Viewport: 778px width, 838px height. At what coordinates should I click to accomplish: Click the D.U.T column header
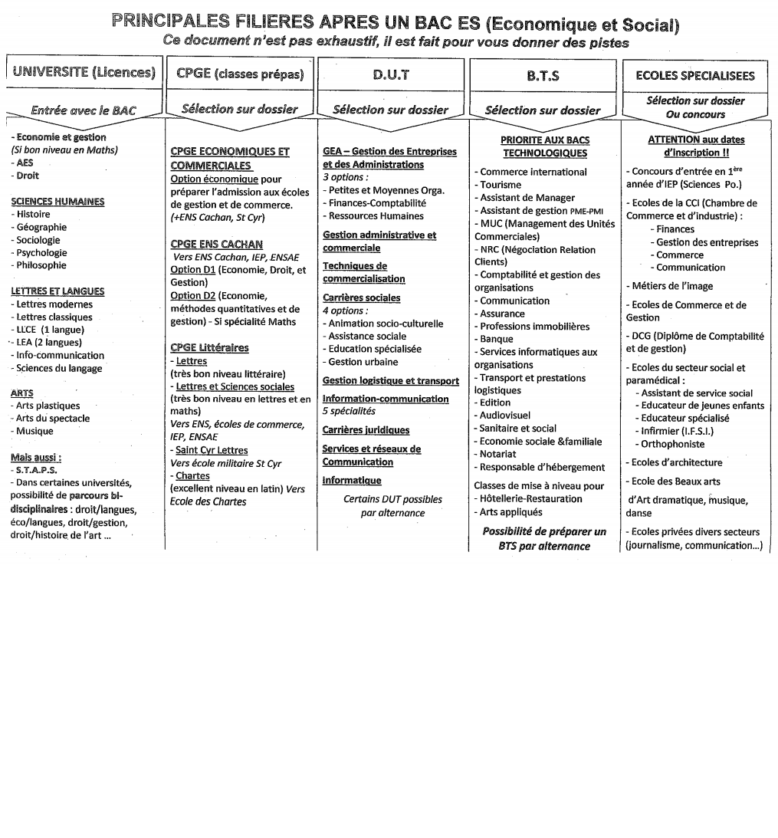click(x=391, y=75)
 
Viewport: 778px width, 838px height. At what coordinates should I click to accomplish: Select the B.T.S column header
click(x=543, y=76)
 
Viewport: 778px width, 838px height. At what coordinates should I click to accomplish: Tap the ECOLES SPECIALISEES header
click(x=695, y=75)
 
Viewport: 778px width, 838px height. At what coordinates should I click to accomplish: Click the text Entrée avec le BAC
click(x=84, y=110)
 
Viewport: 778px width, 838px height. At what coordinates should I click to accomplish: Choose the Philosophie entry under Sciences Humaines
click(x=41, y=265)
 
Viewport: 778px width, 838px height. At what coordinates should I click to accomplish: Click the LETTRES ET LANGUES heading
click(x=57, y=291)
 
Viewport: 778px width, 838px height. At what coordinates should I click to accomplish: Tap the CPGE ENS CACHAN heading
click(x=216, y=245)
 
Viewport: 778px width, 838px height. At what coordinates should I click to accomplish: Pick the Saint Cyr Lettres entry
click(x=212, y=450)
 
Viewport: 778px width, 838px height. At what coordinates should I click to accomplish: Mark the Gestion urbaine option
click(x=363, y=362)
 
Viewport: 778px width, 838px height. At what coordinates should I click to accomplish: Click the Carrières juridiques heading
click(x=366, y=430)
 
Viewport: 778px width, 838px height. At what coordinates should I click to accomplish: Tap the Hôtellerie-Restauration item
click(x=530, y=498)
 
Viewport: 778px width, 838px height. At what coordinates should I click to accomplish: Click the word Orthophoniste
click(x=672, y=444)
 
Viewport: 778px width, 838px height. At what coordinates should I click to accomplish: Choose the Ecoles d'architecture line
click(x=677, y=462)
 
